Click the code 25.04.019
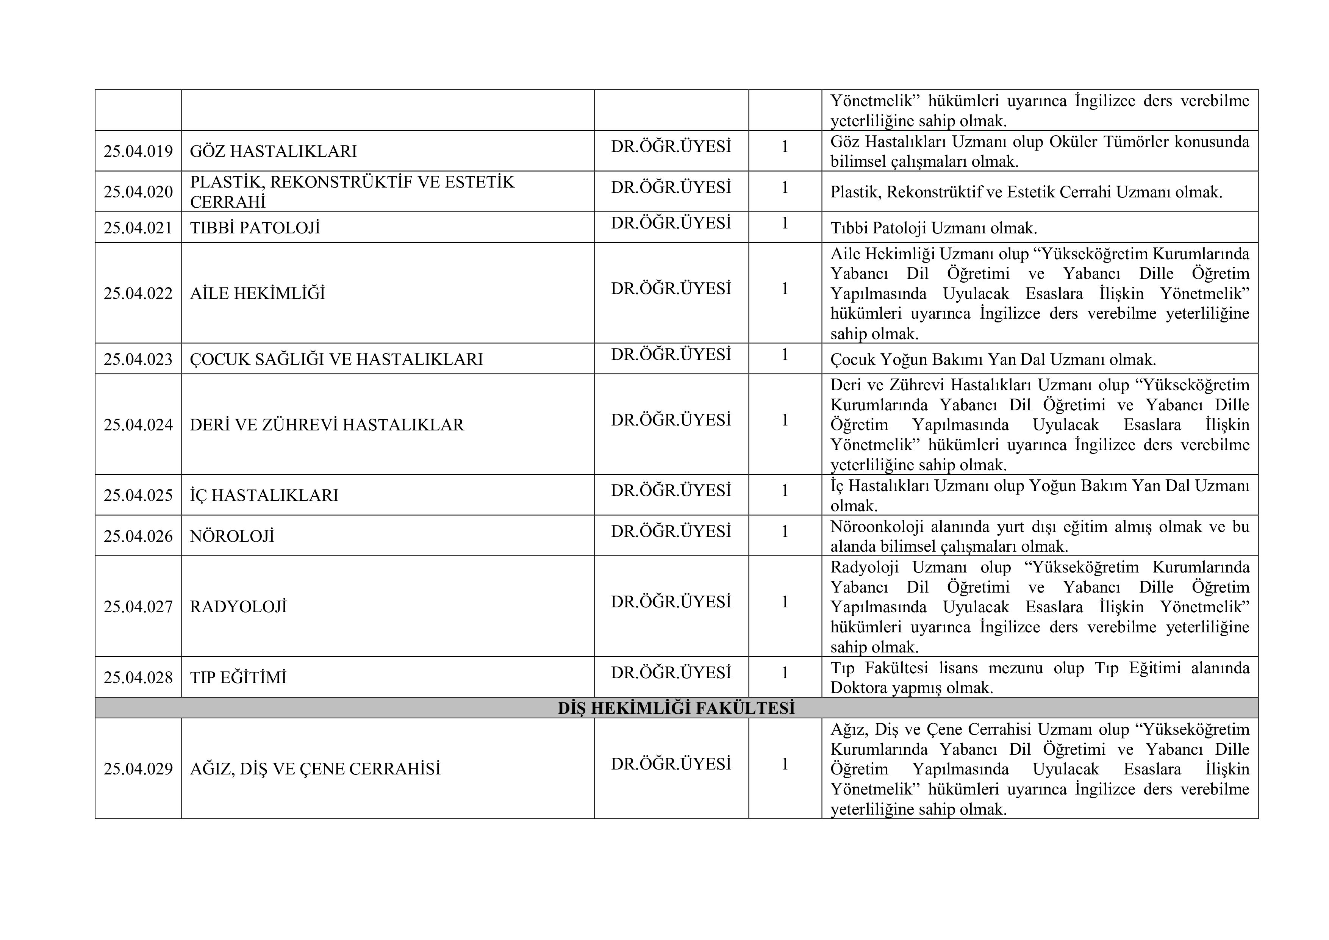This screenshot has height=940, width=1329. point(138,151)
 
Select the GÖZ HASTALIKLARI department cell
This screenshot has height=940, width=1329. point(273,151)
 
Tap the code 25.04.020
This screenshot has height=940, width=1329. point(138,192)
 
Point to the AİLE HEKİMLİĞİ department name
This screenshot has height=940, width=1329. point(258,294)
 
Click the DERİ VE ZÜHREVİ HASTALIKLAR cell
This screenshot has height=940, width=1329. point(327,425)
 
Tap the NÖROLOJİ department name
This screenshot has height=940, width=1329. point(232,536)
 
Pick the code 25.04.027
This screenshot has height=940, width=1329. point(138,607)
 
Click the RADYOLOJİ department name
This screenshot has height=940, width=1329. point(238,607)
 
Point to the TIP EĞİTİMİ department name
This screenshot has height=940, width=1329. point(238,677)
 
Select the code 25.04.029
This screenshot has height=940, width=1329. point(138,769)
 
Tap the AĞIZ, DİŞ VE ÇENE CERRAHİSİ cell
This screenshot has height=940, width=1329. point(316,769)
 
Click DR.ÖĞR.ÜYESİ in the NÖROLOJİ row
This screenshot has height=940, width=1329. point(671,531)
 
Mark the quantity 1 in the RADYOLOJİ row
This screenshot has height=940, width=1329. point(785,602)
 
